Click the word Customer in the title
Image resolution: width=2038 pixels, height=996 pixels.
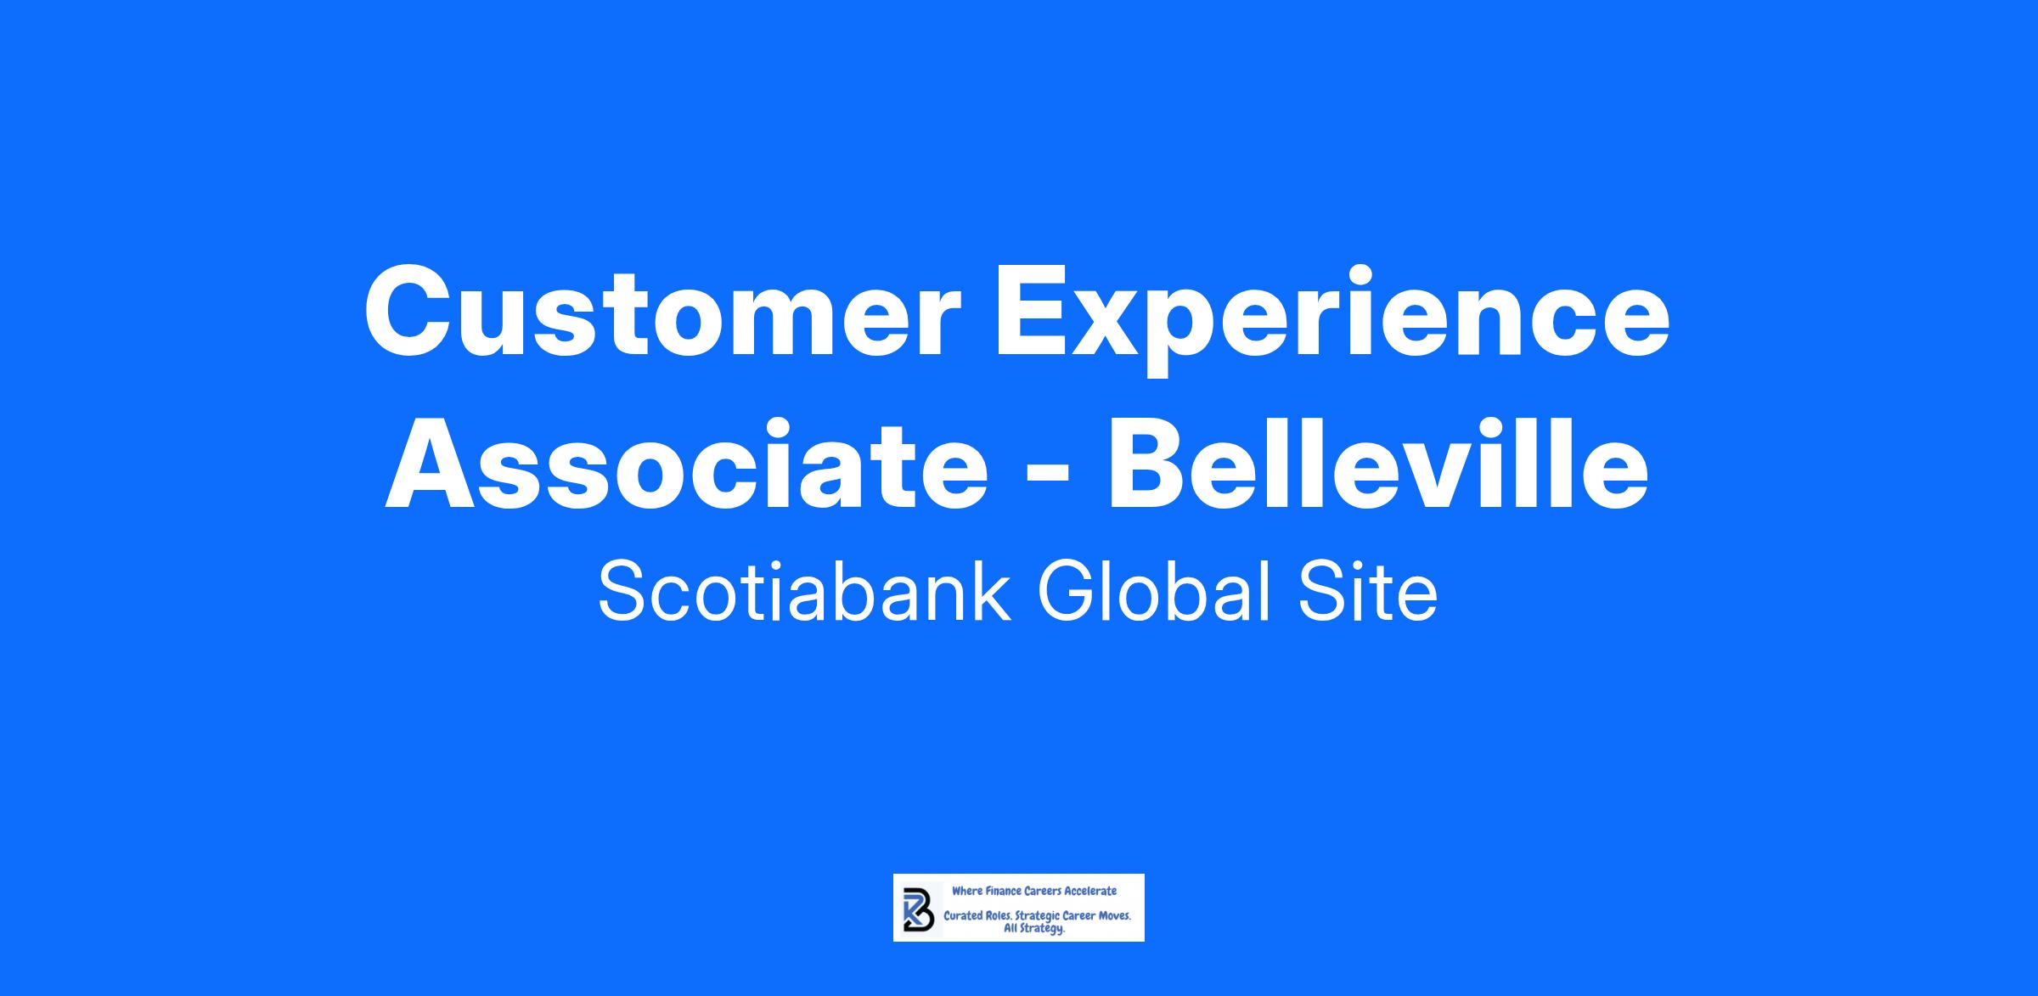[x=662, y=312]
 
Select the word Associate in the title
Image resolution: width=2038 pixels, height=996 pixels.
[x=687, y=468]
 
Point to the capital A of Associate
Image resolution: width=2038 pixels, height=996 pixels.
[x=433, y=465]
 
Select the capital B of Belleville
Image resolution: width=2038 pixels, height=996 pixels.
[x=1148, y=465]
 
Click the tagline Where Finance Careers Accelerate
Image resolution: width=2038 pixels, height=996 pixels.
[x=1033, y=892]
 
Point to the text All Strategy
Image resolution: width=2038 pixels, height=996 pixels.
[x=1034, y=930]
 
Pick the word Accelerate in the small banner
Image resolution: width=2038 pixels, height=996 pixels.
[x=1090, y=892]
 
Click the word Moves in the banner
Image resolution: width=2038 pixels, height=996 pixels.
[x=1113, y=917]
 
